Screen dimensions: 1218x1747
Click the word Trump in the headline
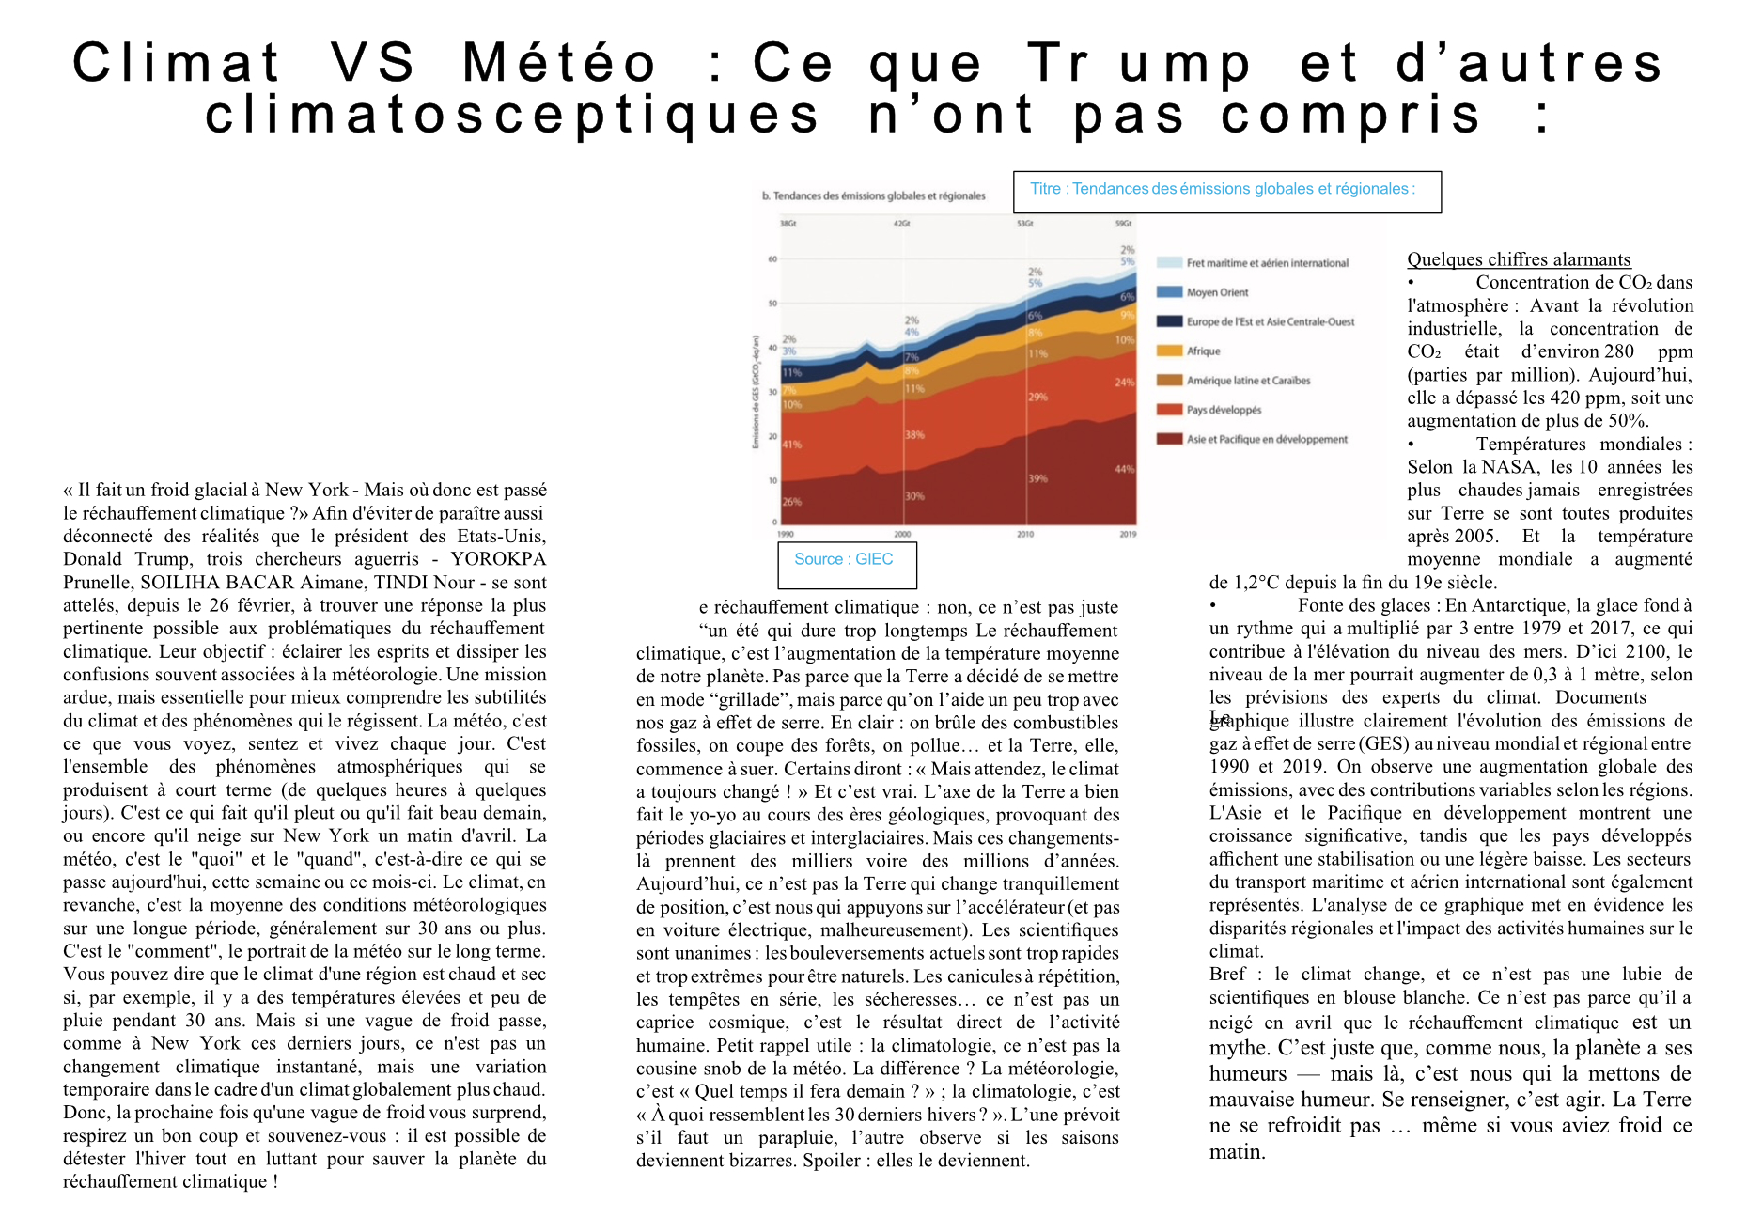1139,63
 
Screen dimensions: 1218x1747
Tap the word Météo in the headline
560,63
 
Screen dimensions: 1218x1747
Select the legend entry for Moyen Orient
1217,292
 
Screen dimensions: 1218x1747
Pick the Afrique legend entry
1203,351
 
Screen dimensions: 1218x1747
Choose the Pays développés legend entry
1224,410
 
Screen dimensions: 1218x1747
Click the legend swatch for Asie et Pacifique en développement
1169,439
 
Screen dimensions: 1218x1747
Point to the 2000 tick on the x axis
902,534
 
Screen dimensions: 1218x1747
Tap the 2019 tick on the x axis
1128,534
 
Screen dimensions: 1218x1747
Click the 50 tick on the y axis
772,304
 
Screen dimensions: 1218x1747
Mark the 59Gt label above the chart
1123,224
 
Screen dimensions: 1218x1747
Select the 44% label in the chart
1124,469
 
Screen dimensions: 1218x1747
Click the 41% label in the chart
792,445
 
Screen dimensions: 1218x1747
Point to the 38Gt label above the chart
788,224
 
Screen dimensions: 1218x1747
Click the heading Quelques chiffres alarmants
1519,259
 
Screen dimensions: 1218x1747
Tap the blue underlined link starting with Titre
1223,189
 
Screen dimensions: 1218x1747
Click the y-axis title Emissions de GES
755,391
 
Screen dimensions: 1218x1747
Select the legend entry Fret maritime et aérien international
1267,263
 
